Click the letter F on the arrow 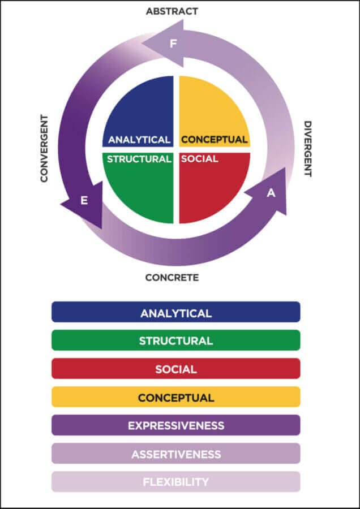click(173, 44)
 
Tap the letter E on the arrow click(84, 200)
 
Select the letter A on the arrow click(271, 193)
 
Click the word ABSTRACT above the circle click(172, 11)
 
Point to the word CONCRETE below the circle click(172, 278)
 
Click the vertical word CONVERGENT click(44, 148)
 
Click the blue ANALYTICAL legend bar click(175, 312)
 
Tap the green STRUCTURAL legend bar click(175, 340)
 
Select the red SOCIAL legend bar click(175, 369)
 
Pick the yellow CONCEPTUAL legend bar click(175, 397)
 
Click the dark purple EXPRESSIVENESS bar click(175, 425)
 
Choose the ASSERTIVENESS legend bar click(175, 454)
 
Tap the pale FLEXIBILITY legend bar click(175, 482)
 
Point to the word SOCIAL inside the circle click(199, 159)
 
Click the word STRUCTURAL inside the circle click(139, 159)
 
